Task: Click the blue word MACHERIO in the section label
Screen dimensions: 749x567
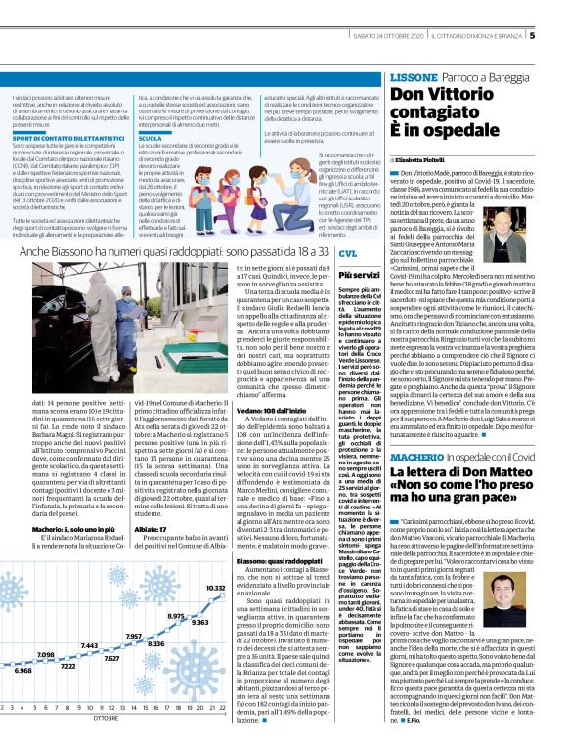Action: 418,459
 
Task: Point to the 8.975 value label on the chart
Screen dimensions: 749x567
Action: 176,617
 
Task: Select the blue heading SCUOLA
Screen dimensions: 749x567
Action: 152,138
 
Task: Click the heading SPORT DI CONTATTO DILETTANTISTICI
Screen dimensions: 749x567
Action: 61,139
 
